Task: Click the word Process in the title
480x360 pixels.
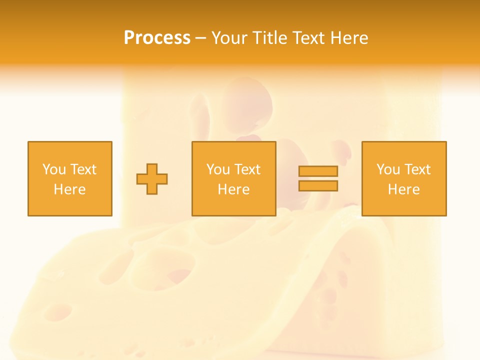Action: click(x=157, y=38)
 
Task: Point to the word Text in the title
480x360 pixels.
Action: click(x=306, y=38)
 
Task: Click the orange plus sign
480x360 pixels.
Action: click(x=152, y=179)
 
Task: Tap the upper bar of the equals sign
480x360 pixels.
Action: click(x=318, y=171)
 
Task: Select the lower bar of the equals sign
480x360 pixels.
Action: click(x=318, y=185)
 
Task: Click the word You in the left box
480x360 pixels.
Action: click(x=53, y=169)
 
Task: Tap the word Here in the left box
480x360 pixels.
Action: click(x=69, y=189)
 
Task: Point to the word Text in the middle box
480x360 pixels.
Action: click(x=247, y=169)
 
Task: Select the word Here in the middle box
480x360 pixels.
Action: click(x=233, y=189)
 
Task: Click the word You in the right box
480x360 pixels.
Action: click(x=387, y=169)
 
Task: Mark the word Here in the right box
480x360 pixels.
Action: click(x=403, y=189)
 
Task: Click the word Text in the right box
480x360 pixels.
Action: click(x=417, y=169)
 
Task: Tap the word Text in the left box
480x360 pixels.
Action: click(x=83, y=169)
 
